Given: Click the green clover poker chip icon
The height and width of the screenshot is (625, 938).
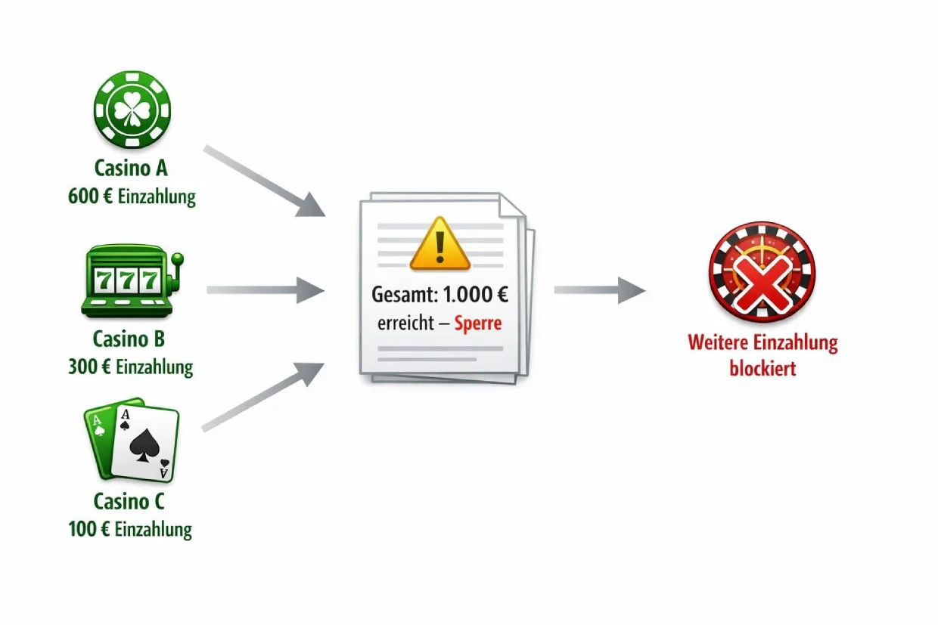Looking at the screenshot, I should point(131,110).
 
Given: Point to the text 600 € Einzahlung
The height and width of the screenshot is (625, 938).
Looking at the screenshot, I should point(131,196).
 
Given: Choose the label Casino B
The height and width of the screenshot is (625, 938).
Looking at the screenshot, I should point(129,338).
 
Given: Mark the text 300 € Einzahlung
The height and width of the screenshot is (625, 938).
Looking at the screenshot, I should point(130,367).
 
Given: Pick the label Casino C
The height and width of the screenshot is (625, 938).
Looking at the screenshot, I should point(129,500).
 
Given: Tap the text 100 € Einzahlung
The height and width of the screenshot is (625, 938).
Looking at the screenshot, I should point(130,528).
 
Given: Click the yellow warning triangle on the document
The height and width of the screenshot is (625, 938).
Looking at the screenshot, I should point(439,243).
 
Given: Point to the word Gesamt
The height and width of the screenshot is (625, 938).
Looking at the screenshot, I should point(399,295).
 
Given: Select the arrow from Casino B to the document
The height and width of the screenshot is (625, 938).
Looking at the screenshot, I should point(265,289).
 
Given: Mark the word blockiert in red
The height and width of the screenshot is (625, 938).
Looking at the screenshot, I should point(762,369).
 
